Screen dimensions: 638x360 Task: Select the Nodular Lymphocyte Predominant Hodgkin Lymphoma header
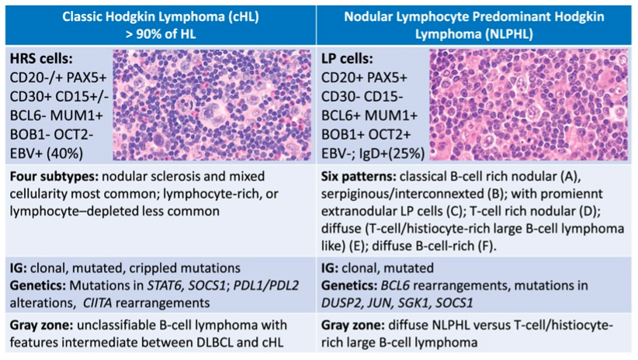coord(474,26)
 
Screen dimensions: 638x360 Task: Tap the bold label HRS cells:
coord(41,58)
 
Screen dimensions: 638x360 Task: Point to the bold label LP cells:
coord(347,58)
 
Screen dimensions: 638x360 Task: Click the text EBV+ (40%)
coord(47,154)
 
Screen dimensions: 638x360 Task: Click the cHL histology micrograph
coord(212,105)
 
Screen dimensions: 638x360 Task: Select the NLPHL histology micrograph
coord(529,105)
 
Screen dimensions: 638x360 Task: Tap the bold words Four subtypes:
coord(54,177)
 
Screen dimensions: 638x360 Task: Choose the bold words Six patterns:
coord(359,177)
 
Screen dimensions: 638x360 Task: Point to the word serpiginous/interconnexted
coord(402,194)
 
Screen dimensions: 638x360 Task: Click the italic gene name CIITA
coord(97,303)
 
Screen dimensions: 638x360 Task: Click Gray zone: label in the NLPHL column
coord(352,325)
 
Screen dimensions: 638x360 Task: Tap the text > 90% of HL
coord(161,34)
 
